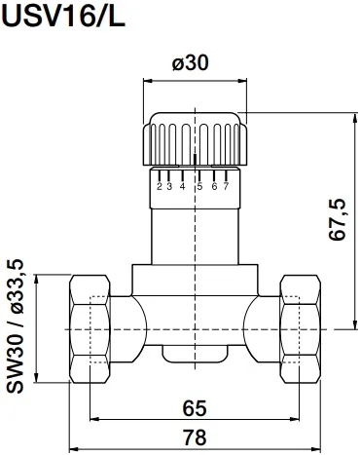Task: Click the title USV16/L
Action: (x=63, y=16)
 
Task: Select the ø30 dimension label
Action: (x=191, y=62)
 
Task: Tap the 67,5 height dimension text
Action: (x=339, y=219)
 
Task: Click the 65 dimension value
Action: (x=195, y=408)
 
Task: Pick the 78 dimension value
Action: (x=195, y=437)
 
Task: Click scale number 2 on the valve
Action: (x=160, y=186)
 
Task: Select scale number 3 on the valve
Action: (x=169, y=186)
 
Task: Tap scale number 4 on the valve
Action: (x=183, y=186)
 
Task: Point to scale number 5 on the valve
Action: (x=199, y=186)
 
